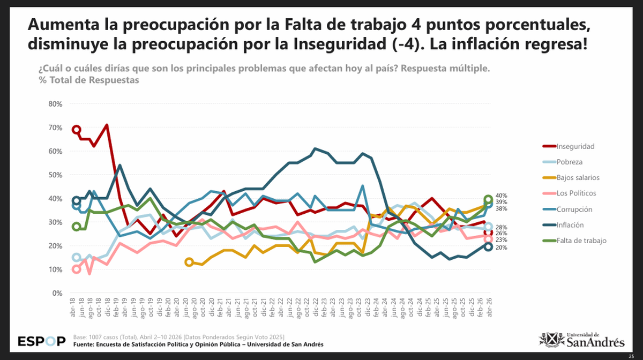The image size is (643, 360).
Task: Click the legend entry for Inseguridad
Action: pyautogui.click(x=575, y=146)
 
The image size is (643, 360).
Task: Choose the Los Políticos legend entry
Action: pyautogui.click(x=576, y=193)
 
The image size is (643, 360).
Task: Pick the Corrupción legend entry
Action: pyautogui.click(x=574, y=209)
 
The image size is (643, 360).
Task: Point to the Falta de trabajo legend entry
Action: pyautogui.click(x=581, y=241)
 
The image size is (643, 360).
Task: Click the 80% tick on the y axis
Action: pyautogui.click(x=56, y=104)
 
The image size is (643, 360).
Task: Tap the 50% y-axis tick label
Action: pyautogui.click(x=56, y=175)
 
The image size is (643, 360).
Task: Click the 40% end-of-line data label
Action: pyautogui.click(x=501, y=196)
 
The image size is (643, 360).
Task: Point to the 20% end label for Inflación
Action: pyautogui.click(x=501, y=247)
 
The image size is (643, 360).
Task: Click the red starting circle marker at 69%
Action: pyautogui.click(x=77, y=130)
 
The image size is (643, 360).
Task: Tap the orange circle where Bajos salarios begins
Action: pyautogui.click(x=189, y=262)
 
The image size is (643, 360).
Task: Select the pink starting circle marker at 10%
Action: pyautogui.click(x=77, y=269)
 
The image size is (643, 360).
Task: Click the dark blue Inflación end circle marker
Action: pyautogui.click(x=488, y=246)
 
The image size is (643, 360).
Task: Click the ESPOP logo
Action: pyautogui.click(x=42, y=341)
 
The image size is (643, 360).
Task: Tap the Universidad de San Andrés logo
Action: pyautogui.click(x=581, y=340)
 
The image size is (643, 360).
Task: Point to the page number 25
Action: pyautogui.click(x=632, y=356)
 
